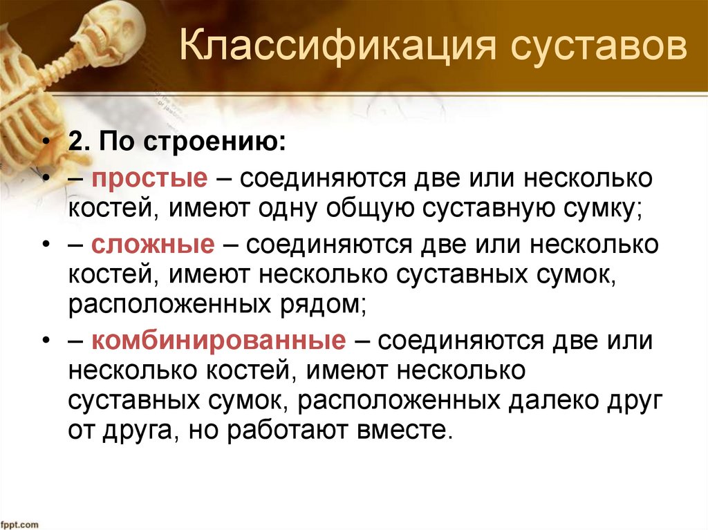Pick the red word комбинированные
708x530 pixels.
point(216,341)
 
